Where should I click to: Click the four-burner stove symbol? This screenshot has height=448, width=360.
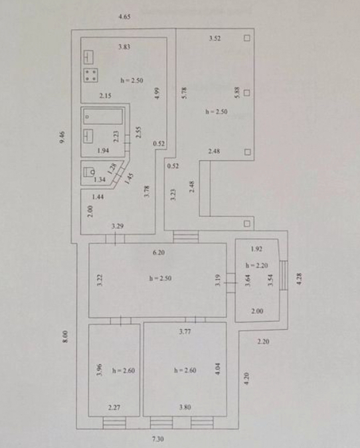point(90,75)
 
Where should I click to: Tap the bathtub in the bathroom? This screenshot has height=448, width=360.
point(103,117)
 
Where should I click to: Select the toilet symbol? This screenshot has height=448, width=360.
point(89,172)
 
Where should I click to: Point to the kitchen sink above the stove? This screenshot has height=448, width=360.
point(88,58)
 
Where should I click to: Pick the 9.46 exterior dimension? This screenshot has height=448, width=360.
point(62,137)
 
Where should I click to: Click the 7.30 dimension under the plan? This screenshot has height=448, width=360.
point(158,439)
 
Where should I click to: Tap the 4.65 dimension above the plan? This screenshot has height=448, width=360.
point(124,17)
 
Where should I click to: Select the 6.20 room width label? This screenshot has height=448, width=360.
point(159,253)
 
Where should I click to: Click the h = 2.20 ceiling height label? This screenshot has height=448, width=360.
point(257,265)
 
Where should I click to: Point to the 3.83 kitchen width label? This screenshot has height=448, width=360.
point(124,46)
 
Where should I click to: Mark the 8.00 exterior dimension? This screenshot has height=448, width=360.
point(66,336)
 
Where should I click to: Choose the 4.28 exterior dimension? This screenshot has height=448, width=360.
point(299,279)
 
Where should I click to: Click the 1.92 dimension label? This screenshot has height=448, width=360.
point(256,249)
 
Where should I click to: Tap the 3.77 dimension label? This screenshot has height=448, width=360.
point(185,331)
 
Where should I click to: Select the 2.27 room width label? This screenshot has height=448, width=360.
point(114,408)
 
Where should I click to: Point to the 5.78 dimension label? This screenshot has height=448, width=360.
point(185,93)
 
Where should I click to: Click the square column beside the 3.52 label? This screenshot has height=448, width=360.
point(247,38)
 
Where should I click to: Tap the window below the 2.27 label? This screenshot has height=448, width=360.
point(114,423)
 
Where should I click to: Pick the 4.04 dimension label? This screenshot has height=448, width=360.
point(218,368)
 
